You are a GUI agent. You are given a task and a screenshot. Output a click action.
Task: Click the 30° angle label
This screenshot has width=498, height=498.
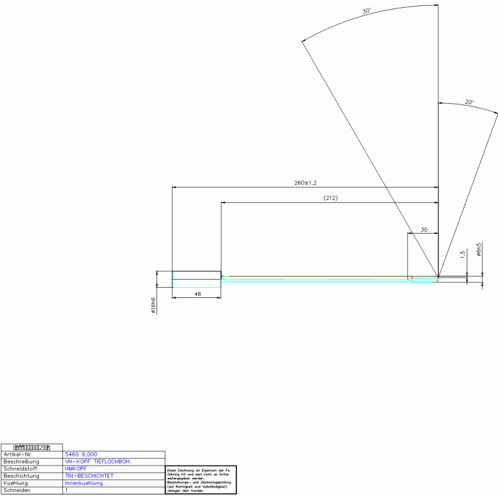[x=366, y=11]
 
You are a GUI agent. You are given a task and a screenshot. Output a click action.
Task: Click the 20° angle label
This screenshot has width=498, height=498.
[x=469, y=102]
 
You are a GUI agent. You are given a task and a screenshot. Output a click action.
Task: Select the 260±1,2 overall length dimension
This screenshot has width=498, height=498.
[x=305, y=182]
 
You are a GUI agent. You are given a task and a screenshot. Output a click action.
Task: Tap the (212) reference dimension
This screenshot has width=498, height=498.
[x=330, y=197]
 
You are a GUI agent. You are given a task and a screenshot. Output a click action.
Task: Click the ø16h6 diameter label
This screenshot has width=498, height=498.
[x=153, y=305]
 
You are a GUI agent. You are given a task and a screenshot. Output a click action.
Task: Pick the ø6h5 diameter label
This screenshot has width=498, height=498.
[x=479, y=251]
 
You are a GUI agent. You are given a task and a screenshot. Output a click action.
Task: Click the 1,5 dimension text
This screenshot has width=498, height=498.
[x=463, y=255]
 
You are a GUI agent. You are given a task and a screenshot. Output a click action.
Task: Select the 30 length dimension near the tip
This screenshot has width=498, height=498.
[x=424, y=230]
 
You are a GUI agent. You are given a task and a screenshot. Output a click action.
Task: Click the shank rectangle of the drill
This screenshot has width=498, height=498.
[x=196, y=279]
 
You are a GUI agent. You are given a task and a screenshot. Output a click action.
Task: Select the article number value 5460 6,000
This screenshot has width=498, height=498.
[x=81, y=454]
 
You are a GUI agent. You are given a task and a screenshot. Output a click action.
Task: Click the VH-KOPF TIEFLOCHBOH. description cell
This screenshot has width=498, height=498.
[x=98, y=462]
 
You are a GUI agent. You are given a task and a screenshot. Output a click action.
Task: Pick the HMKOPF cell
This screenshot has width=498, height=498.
[x=76, y=469]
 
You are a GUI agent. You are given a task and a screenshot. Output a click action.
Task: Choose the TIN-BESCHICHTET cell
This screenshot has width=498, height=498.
[x=89, y=476]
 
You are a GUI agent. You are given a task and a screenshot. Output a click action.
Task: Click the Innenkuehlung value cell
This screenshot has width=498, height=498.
[x=84, y=483]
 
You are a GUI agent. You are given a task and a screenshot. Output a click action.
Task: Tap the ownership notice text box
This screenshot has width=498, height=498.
[x=201, y=480]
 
